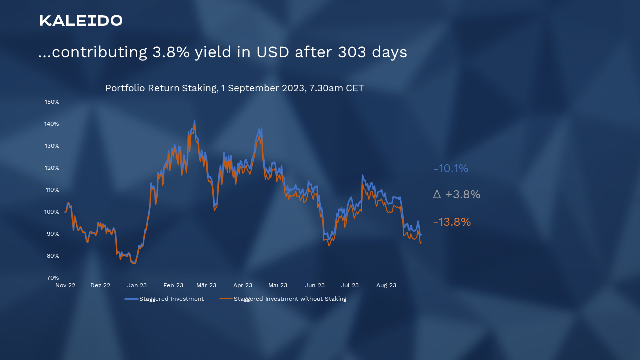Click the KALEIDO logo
81,21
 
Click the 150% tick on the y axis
52,102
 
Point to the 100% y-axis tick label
52,212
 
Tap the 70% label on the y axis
53,278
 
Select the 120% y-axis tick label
52,168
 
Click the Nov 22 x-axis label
65,285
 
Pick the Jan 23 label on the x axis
137,285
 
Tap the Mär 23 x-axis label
206,285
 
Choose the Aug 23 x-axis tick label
386,285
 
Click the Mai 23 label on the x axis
278,285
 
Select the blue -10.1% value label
451,169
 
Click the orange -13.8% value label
452,222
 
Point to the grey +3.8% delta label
457,195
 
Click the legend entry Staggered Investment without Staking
290,299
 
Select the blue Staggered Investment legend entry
171,299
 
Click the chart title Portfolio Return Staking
234,88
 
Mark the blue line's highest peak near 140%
194,121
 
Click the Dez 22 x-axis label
100,285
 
